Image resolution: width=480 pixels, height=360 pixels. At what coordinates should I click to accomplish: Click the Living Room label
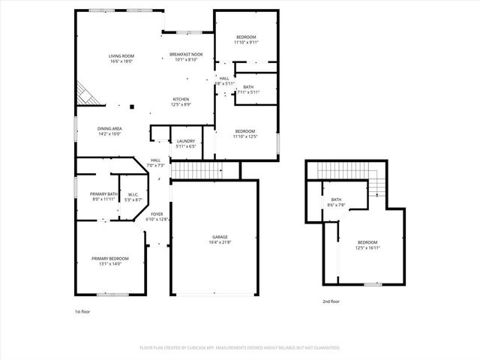121,58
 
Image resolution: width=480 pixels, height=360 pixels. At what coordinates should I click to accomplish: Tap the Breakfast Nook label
186,57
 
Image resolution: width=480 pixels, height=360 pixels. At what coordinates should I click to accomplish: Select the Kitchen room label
181,101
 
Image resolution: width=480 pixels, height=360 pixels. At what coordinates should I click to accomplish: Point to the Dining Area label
109,131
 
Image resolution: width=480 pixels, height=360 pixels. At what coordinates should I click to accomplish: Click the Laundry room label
185,143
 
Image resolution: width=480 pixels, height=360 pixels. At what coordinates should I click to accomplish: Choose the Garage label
219,239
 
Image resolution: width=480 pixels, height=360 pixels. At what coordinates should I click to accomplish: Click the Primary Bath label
104,196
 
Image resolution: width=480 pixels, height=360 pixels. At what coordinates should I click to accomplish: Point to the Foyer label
157,217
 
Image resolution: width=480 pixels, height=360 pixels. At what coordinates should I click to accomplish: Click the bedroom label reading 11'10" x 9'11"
246,40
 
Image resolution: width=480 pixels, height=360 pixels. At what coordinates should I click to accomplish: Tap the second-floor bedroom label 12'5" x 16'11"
367,244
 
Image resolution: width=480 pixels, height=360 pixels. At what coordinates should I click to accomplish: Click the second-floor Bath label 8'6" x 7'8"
336,202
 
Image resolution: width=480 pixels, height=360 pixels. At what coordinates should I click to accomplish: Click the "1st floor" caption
82,310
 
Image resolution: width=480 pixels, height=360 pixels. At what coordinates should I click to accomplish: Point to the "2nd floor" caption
331,301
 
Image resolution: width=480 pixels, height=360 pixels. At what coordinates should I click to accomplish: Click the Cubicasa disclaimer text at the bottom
240,348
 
